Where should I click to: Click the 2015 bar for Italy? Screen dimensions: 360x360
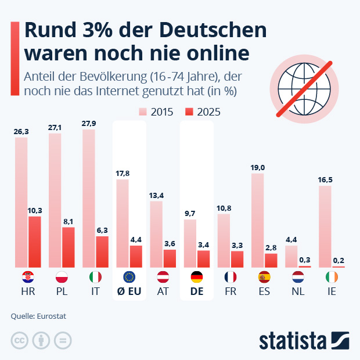(89, 198)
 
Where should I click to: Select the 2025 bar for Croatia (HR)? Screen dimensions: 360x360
(35, 242)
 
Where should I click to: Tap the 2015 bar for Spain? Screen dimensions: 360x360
(257, 221)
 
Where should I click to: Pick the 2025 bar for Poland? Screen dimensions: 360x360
(69, 247)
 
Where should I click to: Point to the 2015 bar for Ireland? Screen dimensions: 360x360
(325, 226)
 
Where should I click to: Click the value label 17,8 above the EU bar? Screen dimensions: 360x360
(123, 174)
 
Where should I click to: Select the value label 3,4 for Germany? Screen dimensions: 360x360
(204, 244)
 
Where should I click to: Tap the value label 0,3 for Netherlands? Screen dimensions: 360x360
(305, 260)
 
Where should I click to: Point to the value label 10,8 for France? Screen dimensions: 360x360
(224, 208)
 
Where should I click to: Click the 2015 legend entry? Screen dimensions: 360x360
(156, 112)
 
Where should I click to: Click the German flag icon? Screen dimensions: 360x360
(197, 277)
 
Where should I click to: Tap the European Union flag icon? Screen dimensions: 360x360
(129, 277)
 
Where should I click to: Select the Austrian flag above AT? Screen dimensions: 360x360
(163, 277)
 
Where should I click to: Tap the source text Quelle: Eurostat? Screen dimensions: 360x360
(38, 316)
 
